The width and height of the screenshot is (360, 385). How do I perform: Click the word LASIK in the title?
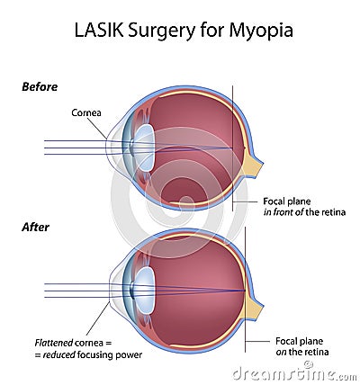(x=99, y=31)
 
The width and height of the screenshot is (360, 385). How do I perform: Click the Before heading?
(x=40, y=87)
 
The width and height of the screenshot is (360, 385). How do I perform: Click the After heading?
(x=35, y=227)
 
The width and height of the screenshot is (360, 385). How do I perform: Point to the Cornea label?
(x=86, y=112)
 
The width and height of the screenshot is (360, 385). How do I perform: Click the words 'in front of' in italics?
(x=283, y=212)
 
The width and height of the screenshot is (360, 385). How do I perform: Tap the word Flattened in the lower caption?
(x=54, y=343)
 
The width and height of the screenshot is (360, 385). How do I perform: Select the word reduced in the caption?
(x=58, y=355)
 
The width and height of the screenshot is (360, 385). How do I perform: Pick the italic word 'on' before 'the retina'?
(x=281, y=352)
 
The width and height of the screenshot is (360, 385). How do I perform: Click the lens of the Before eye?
(x=145, y=148)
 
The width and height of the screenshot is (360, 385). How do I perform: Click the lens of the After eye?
(x=145, y=291)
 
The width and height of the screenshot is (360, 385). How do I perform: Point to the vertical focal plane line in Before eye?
(x=232, y=148)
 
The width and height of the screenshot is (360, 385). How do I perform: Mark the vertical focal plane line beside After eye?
(x=245, y=290)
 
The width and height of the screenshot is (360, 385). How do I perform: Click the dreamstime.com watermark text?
(x=294, y=374)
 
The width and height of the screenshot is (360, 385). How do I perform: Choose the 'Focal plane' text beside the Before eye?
(x=287, y=201)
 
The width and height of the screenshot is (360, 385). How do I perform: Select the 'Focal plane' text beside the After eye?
(x=300, y=341)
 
